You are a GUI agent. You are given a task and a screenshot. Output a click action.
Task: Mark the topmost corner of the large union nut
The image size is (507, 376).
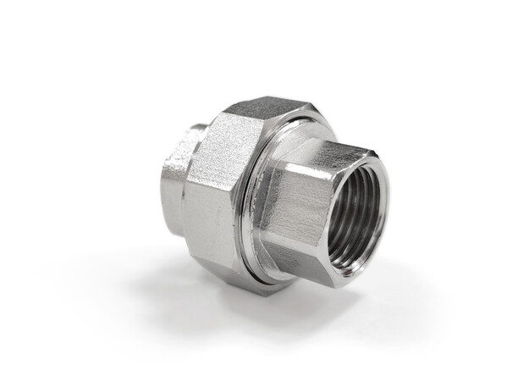pos(280,97)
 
